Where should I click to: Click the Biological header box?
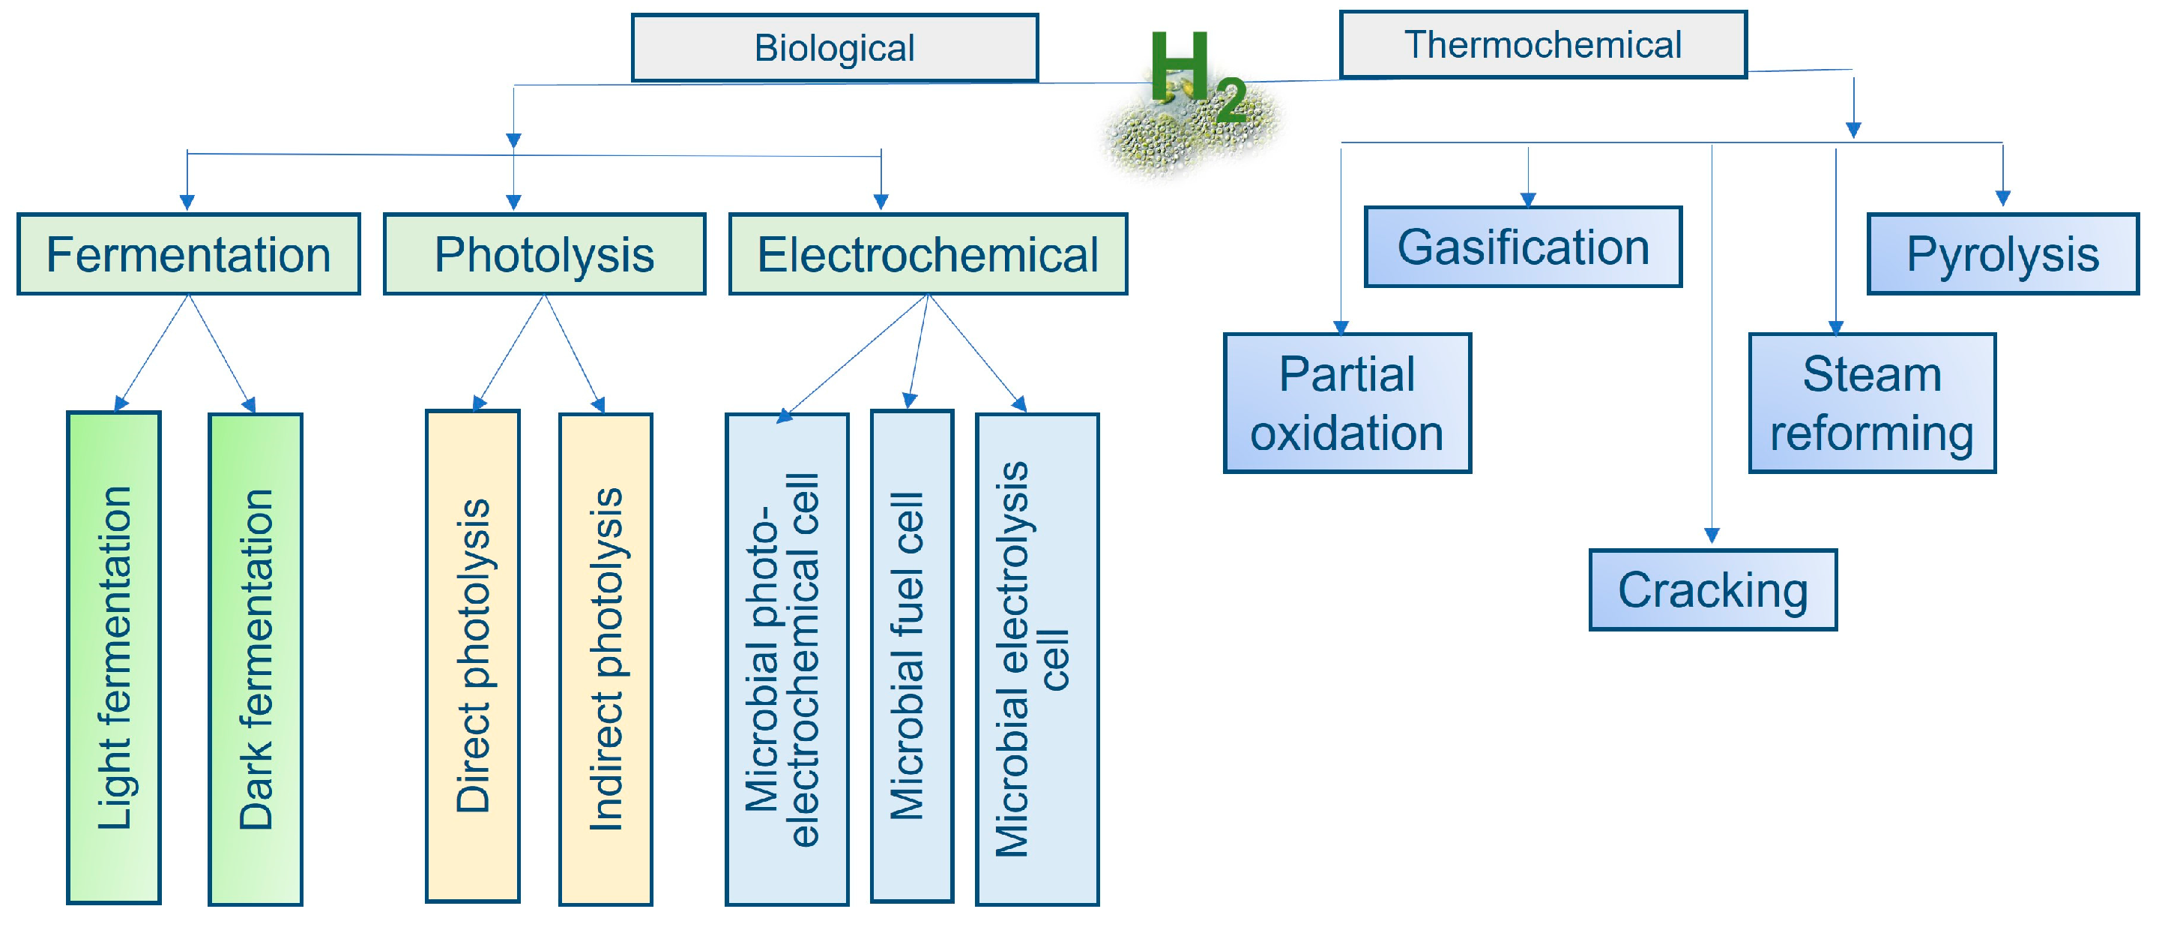(834, 48)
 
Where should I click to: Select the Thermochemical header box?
(1542, 44)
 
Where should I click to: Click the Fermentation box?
(189, 254)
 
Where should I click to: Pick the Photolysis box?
(544, 254)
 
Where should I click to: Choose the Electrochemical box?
(928, 254)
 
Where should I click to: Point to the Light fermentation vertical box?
(114, 658)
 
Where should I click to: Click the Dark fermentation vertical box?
(255, 659)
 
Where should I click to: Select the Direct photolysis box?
(473, 655)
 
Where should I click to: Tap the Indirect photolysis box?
(605, 659)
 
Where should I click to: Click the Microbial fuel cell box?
(911, 655)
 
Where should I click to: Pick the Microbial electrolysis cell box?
(1036, 659)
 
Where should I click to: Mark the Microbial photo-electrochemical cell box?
(786, 659)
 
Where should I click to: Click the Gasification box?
(1523, 247)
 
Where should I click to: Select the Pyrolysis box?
(2002, 254)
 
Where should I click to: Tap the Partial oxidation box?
(1347, 403)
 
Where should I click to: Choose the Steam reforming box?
(1871, 403)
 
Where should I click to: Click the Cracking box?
(1712, 589)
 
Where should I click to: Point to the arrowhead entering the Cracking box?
(1712, 535)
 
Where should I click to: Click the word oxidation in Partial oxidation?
(1347, 433)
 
